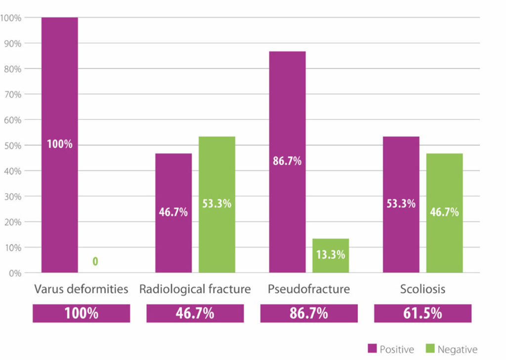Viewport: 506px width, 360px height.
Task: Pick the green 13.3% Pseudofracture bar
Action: pyautogui.click(x=331, y=255)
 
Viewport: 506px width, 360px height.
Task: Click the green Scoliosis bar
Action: pyautogui.click(x=444, y=213)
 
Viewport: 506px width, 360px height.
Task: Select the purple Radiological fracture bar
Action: pyautogui.click(x=173, y=213)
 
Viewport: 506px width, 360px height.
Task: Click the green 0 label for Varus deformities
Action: pyautogui.click(x=95, y=261)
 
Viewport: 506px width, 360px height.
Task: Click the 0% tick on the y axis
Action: pyautogui.click(x=12, y=273)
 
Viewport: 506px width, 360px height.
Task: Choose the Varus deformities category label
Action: pyautogui.click(x=81, y=289)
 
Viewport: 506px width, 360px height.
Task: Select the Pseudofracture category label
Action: pyautogui.click(x=309, y=289)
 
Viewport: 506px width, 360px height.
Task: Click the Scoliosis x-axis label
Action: pyautogui.click(x=422, y=289)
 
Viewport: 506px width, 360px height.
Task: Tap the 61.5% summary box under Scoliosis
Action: pyautogui.click(x=422, y=314)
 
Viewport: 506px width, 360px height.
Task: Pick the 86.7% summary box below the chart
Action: pyautogui.click(x=309, y=314)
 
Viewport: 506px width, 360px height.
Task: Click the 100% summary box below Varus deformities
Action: pyautogui.click(x=81, y=314)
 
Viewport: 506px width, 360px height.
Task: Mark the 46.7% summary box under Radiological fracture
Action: pyautogui.click(x=195, y=314)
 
